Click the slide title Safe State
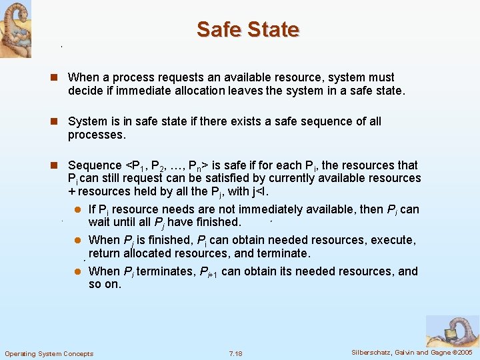pos(248,29)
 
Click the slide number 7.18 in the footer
pos(235,353)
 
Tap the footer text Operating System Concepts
pos(49,353)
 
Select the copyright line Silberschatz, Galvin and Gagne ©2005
pos(411,353)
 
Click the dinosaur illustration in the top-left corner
pos(15,28)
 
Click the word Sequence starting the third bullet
pos(95,165)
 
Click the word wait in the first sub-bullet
pos(99,222)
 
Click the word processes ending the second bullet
pos(97,135)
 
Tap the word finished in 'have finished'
pos(215,222)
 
